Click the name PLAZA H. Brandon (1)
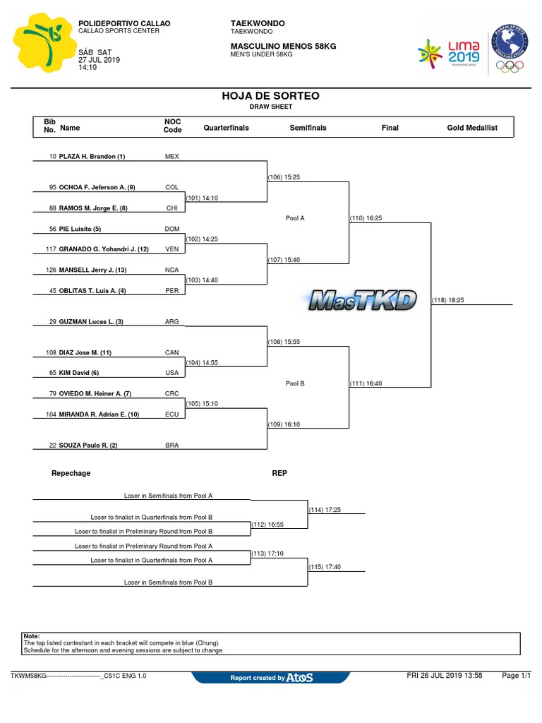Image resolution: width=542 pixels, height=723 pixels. click(x=92, y=156)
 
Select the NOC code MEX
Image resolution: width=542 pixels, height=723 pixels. click(x=171, y=156)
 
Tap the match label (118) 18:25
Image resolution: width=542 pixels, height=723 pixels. click(x=447, y=300)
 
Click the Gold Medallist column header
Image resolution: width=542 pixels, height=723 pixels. click(x=472, y=128)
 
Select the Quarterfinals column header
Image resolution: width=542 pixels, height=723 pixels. click(x=226, y=128)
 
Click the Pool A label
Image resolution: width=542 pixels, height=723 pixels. click(x=295, y=218)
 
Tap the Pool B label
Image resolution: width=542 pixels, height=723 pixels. click(x=295, y=383)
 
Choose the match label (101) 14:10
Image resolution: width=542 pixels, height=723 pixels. click(x=203, y=198)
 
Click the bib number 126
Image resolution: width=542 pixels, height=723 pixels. click(x=51, y=270)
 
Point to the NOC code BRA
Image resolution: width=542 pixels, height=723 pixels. click(x=171, y=446)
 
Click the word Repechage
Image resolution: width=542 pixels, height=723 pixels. click(x=71, y=473)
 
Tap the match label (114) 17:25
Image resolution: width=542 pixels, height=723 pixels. click(x=325, y=509)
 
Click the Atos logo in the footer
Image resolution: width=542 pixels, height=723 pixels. click(x=299, y=678)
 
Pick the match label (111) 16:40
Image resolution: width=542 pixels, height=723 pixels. click(x=366, y=383)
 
